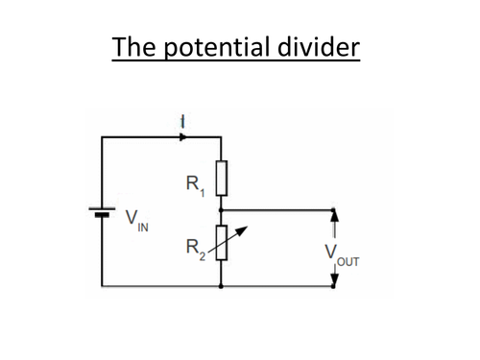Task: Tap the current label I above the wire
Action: tap(182, 121)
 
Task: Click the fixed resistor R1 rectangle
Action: tap(222, 177)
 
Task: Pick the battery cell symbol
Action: tap(101, 212)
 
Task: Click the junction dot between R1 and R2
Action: tap(222, 208)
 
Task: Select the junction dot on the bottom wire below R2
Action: tap(222, 286)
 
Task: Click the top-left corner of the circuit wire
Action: tap(101, 137)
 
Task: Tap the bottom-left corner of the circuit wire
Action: tap(101, 286)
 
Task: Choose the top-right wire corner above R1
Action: tap(222, 137)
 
